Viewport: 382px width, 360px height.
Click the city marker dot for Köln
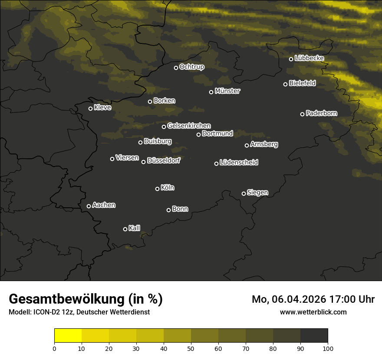tap(157, 189)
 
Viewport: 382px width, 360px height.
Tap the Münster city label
tap(227, 91)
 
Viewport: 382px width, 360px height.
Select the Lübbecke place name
tap(309, 58)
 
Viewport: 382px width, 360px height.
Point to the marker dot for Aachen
tap(89, 206)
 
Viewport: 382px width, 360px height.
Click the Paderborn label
tap(321, 113)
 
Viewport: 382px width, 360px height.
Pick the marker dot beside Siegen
tap(244, 193)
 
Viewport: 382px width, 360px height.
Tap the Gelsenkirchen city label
tap(189, 126)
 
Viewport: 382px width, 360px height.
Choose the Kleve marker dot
tap(90, 108)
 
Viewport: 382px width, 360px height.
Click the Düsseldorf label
tap(163, 160)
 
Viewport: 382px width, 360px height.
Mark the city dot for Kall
tap(125, 229)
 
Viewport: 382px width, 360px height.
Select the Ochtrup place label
tap(191, 67)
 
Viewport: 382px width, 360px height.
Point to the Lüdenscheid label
tap(239, 163)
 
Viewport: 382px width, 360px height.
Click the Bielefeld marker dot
tap(285, 84)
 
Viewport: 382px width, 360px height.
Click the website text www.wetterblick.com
tap(313, 312)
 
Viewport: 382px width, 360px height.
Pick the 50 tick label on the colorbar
tap(191, 348)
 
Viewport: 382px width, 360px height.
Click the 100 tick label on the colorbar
tap(328, 348)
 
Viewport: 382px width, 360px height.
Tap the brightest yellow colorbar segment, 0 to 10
tap(68, 335)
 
